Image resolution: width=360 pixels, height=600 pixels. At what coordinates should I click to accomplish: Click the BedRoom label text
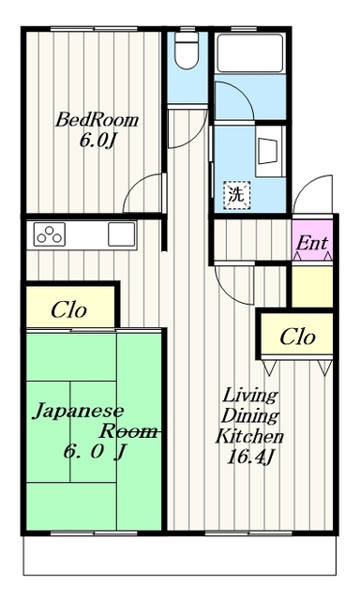97,120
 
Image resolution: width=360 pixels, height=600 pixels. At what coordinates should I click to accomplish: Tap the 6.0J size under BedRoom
97,141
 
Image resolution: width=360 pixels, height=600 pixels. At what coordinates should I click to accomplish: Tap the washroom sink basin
266,152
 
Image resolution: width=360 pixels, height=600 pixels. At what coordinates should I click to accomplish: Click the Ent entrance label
312,243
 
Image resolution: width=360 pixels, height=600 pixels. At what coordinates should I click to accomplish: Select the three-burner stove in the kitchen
48,234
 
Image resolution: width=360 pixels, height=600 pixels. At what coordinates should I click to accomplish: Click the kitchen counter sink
122,234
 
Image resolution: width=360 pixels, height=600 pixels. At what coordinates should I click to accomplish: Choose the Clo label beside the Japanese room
69,307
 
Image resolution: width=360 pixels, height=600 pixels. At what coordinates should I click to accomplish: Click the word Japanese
68,411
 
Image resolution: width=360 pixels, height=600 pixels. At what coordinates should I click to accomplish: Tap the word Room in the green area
127,431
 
